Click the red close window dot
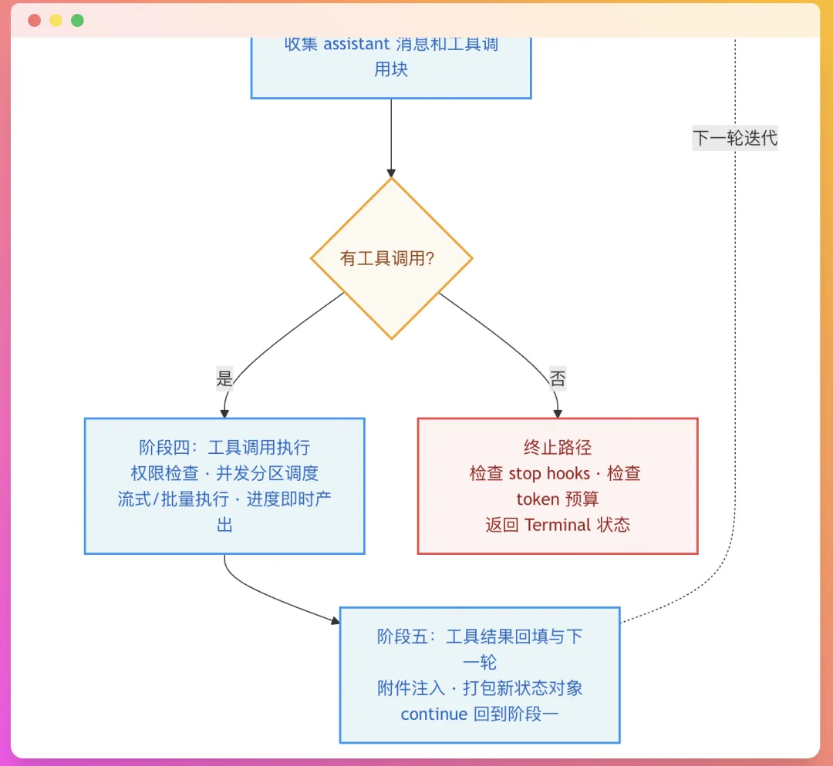click(35, 21)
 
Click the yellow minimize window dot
click(56, 21)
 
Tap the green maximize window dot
click(77, 21)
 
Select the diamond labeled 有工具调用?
click(391, 258)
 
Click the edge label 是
click(224, 378)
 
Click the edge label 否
click(557, 378)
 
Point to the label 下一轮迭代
click(734, 139)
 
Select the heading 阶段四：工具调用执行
click(224, 447)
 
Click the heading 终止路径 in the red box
click(558, 447)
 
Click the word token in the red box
click(538, 499)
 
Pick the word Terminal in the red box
click(558, 526)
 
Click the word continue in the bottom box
click(433, 714)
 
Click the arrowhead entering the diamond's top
click(391, 173)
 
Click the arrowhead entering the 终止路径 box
click(558, 413)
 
